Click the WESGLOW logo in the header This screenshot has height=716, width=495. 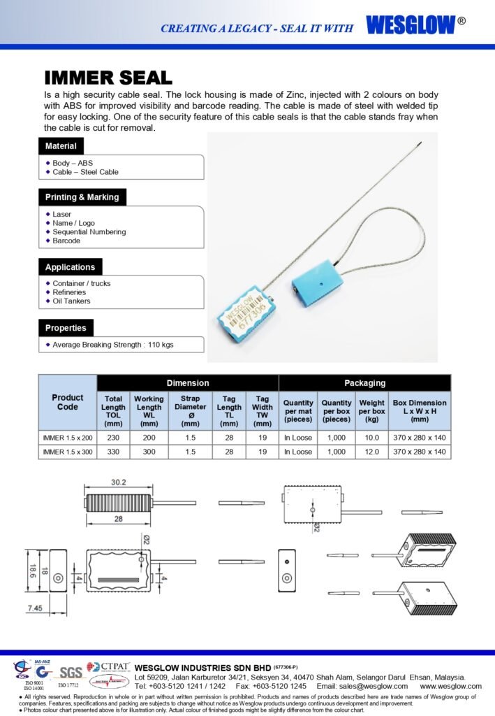point(411,25)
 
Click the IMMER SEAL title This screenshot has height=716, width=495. point(108,78)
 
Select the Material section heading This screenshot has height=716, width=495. point(61,146)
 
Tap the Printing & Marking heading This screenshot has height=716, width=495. point(82,197)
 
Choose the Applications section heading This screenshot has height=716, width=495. point(70,267)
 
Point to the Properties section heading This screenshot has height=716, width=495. point(66,328)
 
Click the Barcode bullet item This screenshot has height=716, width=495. point(66,241)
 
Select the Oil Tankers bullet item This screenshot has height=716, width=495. point(71,301)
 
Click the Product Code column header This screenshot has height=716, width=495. point(68,402)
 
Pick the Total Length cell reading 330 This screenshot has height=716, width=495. point(113,452)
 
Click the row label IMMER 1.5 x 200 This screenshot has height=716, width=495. point(67,437)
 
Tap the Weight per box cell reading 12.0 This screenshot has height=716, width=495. point(371,452)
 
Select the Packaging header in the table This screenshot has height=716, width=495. point(364,382)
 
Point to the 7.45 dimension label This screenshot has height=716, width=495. point(35,608)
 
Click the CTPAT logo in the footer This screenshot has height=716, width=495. point(108,666)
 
